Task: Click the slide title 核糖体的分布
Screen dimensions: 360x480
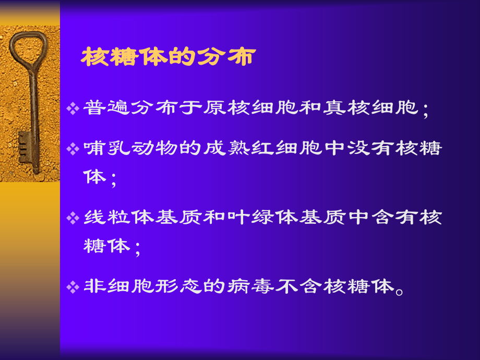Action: point(167,57)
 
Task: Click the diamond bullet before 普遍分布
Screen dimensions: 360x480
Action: point(73,109)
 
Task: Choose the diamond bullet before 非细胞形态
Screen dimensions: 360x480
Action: point(73,286)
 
